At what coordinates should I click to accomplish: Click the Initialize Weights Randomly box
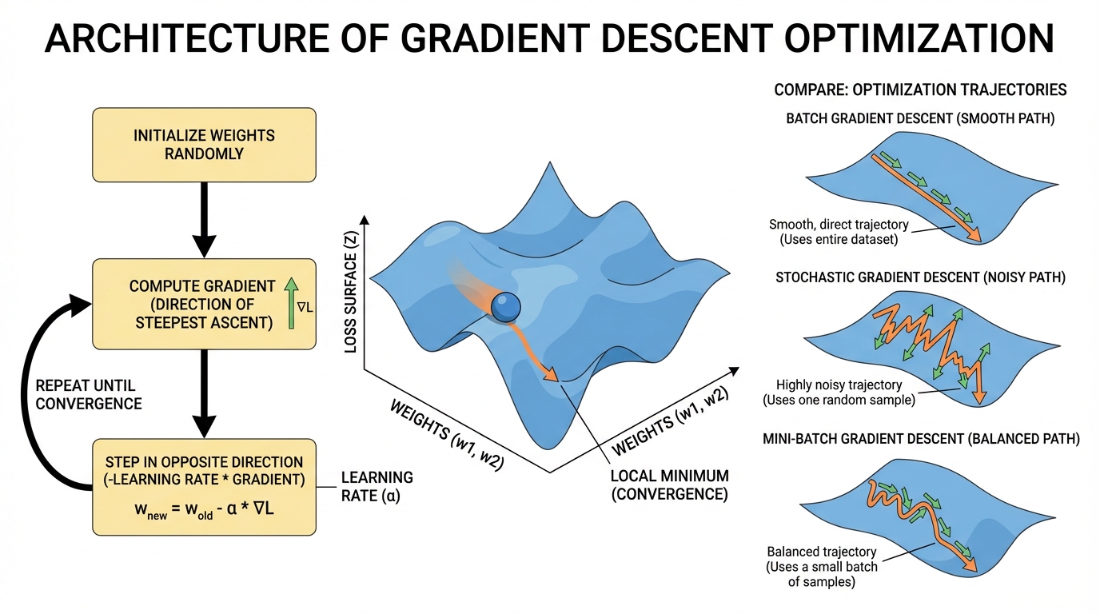(204, 144)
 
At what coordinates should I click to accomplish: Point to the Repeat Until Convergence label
(88, 394)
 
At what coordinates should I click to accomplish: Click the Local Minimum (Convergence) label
(669, 485)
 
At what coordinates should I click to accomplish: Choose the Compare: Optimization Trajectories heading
(920, 90)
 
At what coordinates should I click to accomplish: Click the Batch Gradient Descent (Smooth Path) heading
(920, 119)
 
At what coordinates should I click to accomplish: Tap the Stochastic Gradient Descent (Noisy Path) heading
(920, 277)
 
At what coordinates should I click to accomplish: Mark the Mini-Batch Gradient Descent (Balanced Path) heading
(920, 438)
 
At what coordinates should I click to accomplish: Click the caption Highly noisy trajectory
(838, 385)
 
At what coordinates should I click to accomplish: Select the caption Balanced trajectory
(822, 552)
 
